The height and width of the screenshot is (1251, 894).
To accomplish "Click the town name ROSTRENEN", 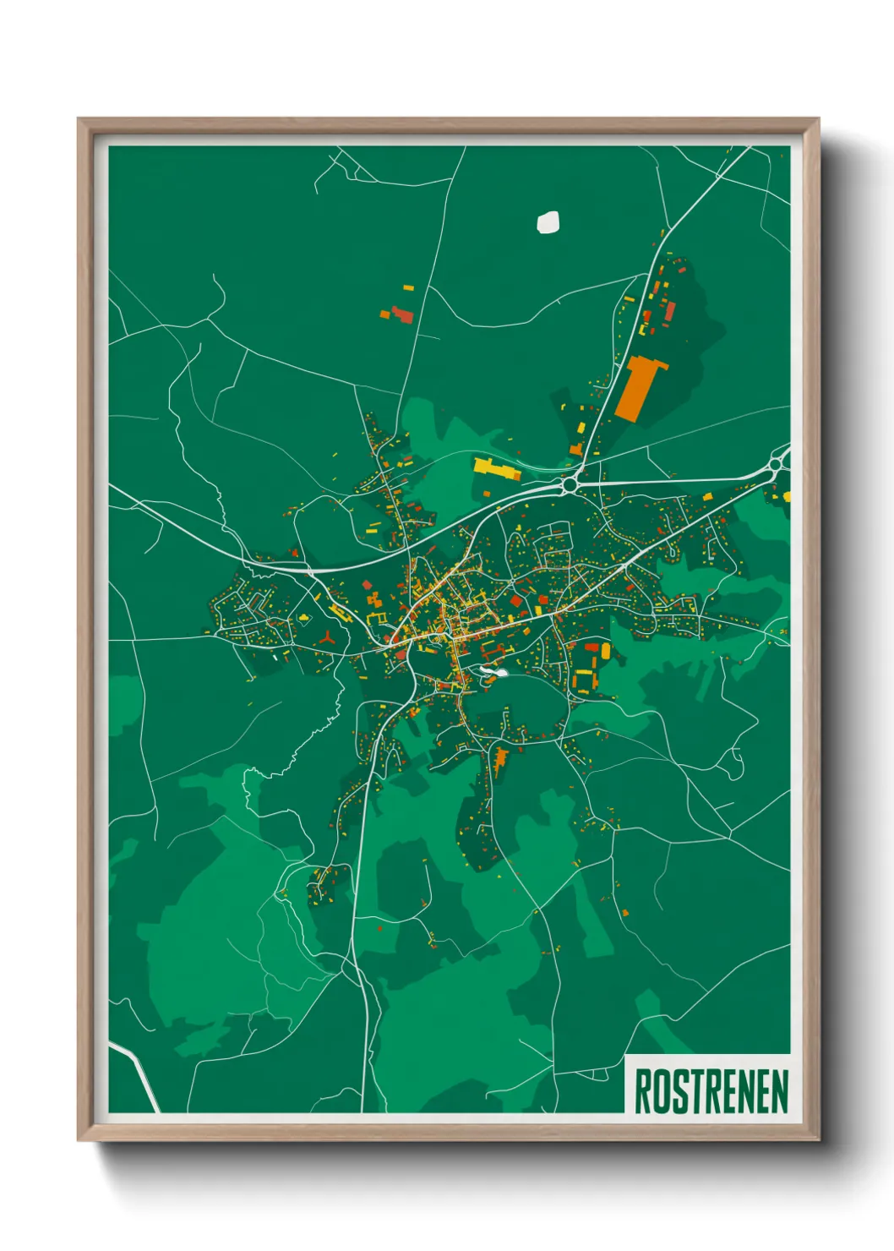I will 711,1091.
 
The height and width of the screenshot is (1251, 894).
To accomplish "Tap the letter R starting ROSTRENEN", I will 642,1091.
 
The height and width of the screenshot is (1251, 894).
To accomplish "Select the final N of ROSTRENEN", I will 780,1091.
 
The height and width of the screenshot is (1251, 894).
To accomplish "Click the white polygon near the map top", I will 548,221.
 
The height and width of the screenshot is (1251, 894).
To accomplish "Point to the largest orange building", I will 639,387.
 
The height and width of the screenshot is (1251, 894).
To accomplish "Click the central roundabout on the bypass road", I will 570,484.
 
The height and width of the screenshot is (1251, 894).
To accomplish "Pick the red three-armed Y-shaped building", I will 327,638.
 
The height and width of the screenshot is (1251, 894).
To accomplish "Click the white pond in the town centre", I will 491,673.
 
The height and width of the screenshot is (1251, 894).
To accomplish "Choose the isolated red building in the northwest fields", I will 401,316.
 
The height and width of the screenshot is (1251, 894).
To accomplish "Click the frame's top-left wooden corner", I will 84,125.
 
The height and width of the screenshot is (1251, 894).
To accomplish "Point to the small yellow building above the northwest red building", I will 409,288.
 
